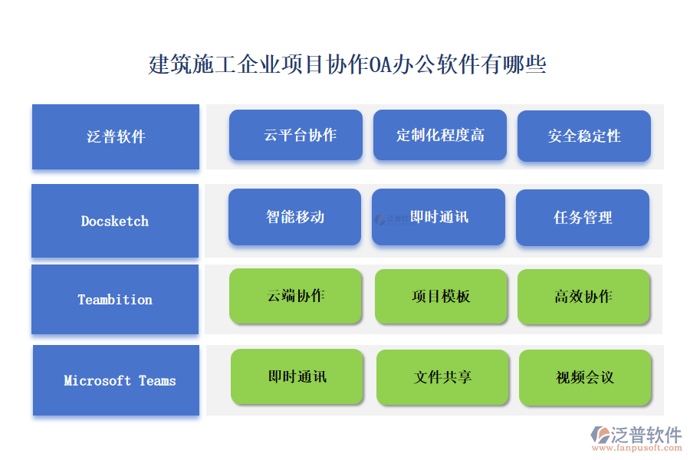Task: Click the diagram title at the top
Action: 347,64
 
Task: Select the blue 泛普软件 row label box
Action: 116,137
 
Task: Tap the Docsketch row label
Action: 115,221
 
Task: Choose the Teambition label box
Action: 115,300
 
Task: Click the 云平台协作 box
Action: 296,135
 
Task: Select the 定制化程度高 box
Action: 440,135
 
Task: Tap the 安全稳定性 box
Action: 584,136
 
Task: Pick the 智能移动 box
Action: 295,217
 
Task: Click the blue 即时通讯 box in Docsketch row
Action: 439,217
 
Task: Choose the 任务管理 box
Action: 583,218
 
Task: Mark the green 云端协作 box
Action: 296,296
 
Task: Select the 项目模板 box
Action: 441,296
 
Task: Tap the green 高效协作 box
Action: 584,296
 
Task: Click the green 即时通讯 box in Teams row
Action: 297,376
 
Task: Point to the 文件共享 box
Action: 442,377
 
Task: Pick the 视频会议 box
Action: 586,377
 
